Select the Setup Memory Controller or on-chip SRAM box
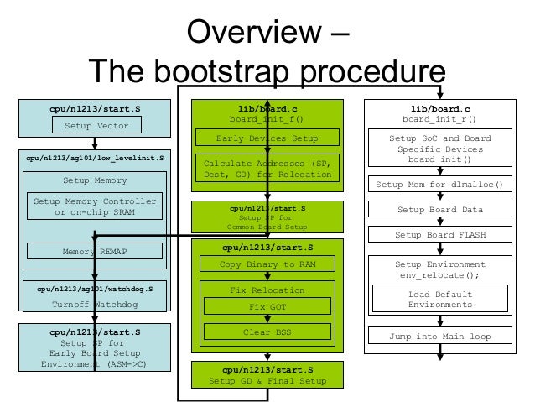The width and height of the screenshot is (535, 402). (x=94, y=206)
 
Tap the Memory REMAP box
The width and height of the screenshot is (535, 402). (x=95, y=251)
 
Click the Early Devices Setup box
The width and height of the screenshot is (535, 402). (x=267, y=138)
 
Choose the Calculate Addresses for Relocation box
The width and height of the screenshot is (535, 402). (x=267, y=169)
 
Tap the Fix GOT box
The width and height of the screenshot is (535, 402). (x=267, y=307)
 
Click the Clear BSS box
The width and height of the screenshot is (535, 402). (x=267, y=332)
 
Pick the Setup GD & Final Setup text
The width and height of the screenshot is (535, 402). (x=267, y=382)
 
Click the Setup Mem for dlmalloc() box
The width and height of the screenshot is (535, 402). (x=439, y=185)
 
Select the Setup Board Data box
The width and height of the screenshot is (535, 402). (x=439, y=210)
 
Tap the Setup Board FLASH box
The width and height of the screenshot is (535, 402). (x=439, y=235)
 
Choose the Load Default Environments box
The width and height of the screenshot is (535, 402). (x=439, y=300)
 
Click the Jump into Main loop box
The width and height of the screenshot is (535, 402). (x=439, y=337)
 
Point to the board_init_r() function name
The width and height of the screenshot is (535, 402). (x=439, y=119)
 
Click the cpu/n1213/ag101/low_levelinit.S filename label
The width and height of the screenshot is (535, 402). (x=95, y=157)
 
